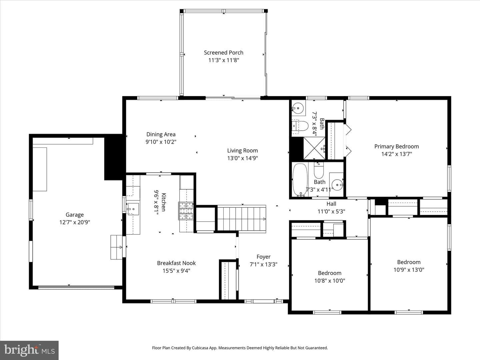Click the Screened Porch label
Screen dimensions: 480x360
[223, 53]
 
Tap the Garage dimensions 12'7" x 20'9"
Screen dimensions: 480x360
[75, 222]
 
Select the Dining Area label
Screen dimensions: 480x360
[161, 134]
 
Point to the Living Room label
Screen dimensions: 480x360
[242, 151]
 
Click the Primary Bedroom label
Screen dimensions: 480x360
[396, 146]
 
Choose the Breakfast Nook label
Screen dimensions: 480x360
[176, 263]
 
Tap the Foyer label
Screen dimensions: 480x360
[264, 257]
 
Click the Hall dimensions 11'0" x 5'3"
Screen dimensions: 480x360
[331, 211]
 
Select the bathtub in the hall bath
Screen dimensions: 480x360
[300, 180]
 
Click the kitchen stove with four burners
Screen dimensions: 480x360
[186, 211]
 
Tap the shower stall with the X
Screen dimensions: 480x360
[314, 148]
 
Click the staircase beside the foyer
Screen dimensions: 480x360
[241, 219]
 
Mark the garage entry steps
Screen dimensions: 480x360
[117, 247]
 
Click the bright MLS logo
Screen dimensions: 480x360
[29, 350]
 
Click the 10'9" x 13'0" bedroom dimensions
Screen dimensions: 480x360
[409, 270]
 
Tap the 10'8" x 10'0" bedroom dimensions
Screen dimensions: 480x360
[330, 281]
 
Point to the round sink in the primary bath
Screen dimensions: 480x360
[298, 108]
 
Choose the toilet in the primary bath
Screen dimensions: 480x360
[300, 126]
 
